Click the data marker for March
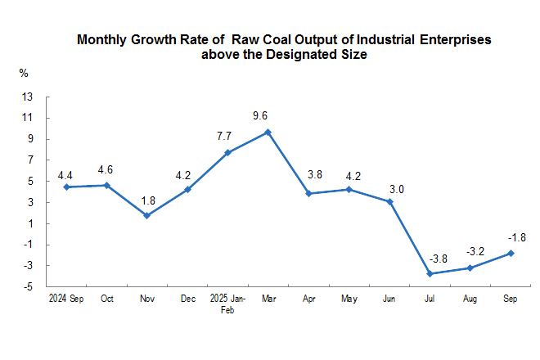click(268, 132)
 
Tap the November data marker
click(147, 215)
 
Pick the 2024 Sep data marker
click(66, 187)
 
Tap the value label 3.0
click(396, 189)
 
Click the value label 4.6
click(106, 170)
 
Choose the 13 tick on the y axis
click(27, 97)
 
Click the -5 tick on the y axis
click(28, 287)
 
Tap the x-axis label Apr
click(309, 299)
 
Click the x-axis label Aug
click(470, 299)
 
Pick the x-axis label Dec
click(187, 299)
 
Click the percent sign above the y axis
click(24, 73)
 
